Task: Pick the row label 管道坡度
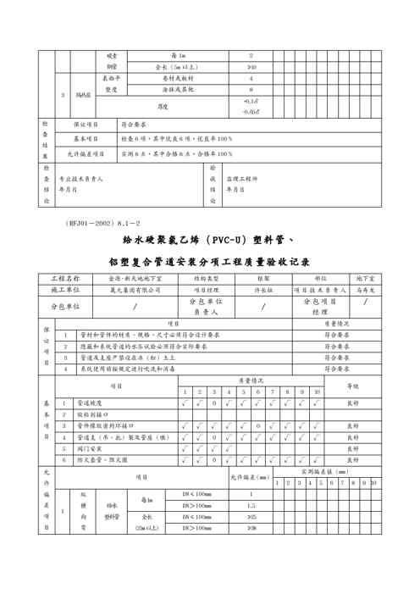click(x=91, y=403)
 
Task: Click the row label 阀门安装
click(x=90, y=448)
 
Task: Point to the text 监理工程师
click(x=243, y=180)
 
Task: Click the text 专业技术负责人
click(x=80, y=180)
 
